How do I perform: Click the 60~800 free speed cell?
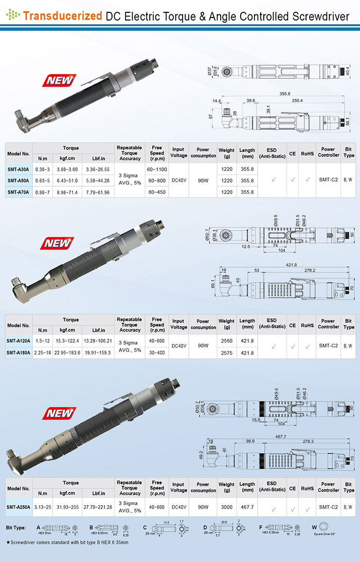157,181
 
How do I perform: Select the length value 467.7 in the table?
247,506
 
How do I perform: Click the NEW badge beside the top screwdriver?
60,80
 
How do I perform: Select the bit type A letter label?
38,528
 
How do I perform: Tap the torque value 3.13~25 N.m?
43,506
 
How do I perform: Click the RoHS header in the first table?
307,152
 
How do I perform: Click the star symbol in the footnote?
8,542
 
